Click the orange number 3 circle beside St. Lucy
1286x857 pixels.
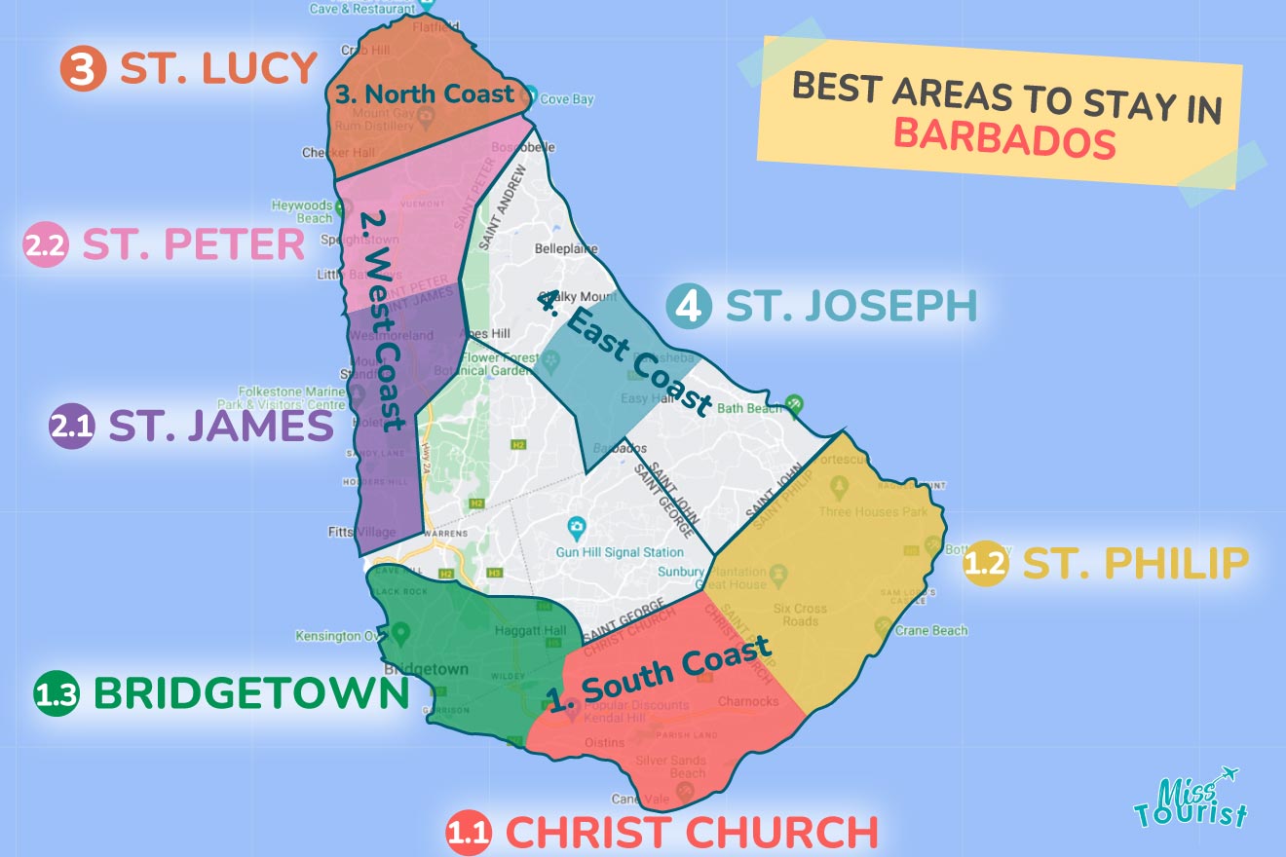tap(83, 69)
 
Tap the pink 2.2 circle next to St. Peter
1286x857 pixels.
tap(46, 246)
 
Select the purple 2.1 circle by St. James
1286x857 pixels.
tap(71, 427)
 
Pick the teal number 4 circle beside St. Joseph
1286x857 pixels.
tap(688, 307)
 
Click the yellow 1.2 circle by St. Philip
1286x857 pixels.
tap(984, 564)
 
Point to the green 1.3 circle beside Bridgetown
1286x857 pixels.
tap(57, 694)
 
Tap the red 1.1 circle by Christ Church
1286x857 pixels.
tap(469, 834)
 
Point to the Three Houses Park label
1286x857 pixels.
tap(873, 511)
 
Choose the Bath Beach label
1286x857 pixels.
tap(749, 408)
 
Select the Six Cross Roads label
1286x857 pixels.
tap(800, 615)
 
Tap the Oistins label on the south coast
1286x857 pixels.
tap(605, 742)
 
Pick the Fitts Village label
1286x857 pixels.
tap(361, 533)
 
